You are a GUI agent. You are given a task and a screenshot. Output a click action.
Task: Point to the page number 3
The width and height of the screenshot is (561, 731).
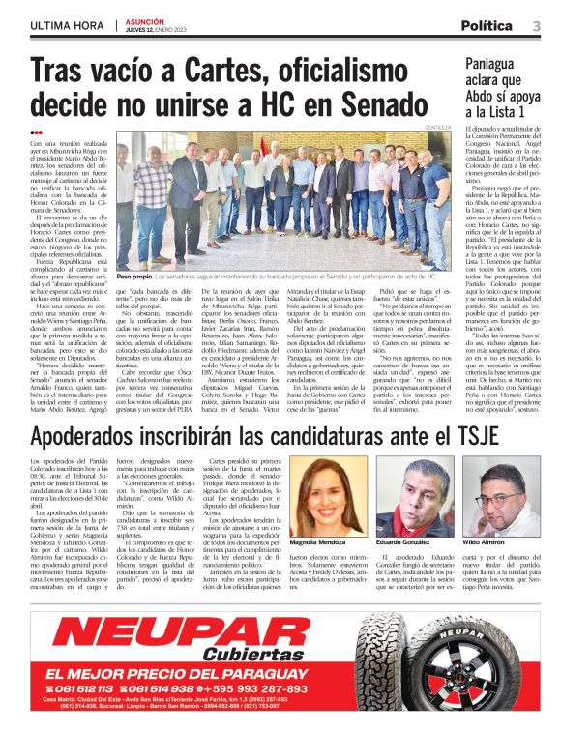tap(536, 26)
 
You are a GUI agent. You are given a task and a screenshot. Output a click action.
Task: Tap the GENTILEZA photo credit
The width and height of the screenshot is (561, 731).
tap(439, 127)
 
